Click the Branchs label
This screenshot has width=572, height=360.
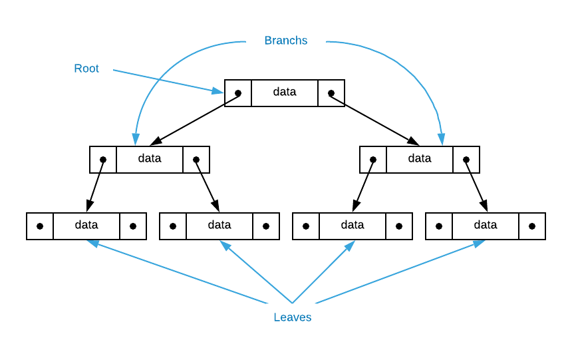pos(285,41)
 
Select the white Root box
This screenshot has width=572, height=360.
pos(86,69)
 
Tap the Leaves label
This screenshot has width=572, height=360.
pos(292,317)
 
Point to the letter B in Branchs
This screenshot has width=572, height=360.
pos(268,41)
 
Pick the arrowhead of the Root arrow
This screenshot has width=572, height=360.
pos(218,91)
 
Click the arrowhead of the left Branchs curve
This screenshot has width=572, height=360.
pos(136,138)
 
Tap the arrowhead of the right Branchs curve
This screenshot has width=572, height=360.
pos(441,138)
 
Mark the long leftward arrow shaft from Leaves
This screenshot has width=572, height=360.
pos(180,273)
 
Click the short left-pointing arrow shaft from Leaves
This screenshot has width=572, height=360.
pos(256,272)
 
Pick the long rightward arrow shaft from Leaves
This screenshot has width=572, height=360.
pos(399,273)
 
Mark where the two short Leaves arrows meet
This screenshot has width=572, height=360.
pos(292,303)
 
